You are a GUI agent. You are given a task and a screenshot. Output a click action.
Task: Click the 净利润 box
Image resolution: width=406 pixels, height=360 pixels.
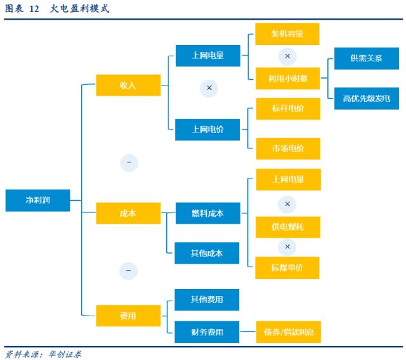click(37, 200)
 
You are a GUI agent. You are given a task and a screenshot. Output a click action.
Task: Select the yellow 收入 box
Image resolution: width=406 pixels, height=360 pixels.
click(128, 85)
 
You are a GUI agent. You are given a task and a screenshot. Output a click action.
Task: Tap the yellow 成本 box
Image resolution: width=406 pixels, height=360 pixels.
click(128, 214)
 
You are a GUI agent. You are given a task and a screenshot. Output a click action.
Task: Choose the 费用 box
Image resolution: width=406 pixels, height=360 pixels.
click(128, 316)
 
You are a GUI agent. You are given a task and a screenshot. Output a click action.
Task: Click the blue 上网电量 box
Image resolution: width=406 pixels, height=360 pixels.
click(207, 56)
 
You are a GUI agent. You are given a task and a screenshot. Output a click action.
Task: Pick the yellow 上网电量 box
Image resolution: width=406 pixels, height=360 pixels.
click(287, 180)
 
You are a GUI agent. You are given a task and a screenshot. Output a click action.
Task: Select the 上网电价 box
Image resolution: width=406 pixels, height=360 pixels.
click(207, 129)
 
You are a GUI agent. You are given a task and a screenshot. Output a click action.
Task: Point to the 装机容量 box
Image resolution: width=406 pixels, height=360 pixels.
click(287, 34)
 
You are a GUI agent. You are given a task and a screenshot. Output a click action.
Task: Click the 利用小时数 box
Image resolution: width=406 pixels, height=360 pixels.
click(287, 79)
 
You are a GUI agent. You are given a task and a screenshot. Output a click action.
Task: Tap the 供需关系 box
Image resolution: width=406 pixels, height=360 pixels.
click(366, 58)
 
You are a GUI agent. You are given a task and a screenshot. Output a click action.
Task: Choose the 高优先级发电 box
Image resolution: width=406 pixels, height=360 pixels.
click(366, 98)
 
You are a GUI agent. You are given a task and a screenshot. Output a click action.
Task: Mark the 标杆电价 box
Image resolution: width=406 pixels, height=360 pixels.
click(287, 109)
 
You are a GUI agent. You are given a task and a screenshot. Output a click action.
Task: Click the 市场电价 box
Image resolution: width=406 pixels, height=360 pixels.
click(287, 148)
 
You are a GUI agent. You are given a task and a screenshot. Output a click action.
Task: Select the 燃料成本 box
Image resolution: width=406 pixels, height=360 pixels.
click(207, 214)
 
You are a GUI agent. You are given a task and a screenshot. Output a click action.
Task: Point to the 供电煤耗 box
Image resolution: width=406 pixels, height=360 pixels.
click(287, 227)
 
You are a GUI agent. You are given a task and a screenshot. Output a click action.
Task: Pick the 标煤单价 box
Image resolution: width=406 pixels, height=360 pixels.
click(287, 267)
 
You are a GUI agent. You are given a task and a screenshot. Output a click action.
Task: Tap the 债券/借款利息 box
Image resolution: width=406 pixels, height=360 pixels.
click(288, 331)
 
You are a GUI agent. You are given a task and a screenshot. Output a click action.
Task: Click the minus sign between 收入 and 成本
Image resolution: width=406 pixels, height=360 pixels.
click(129, 163)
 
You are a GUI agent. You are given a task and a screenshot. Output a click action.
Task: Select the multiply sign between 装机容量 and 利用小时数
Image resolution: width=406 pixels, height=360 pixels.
click(287, 56)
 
